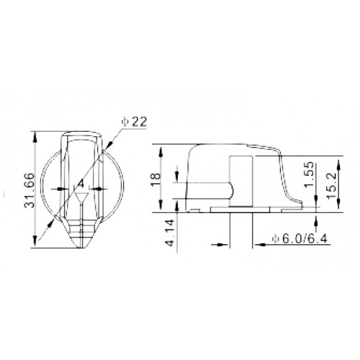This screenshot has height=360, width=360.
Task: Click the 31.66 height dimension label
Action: (30, 189)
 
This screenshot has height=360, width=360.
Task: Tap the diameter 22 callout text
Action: (134, 122)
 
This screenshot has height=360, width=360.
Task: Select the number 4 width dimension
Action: (81, 184)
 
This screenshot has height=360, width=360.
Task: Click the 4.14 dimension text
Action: (171, 233)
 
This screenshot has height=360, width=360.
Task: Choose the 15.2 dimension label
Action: (331, 185)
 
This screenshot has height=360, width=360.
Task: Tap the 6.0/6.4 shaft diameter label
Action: (300, 239)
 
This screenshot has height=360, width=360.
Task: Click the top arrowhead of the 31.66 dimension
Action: (35, 138)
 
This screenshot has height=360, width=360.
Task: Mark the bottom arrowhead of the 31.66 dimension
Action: (35, 241)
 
